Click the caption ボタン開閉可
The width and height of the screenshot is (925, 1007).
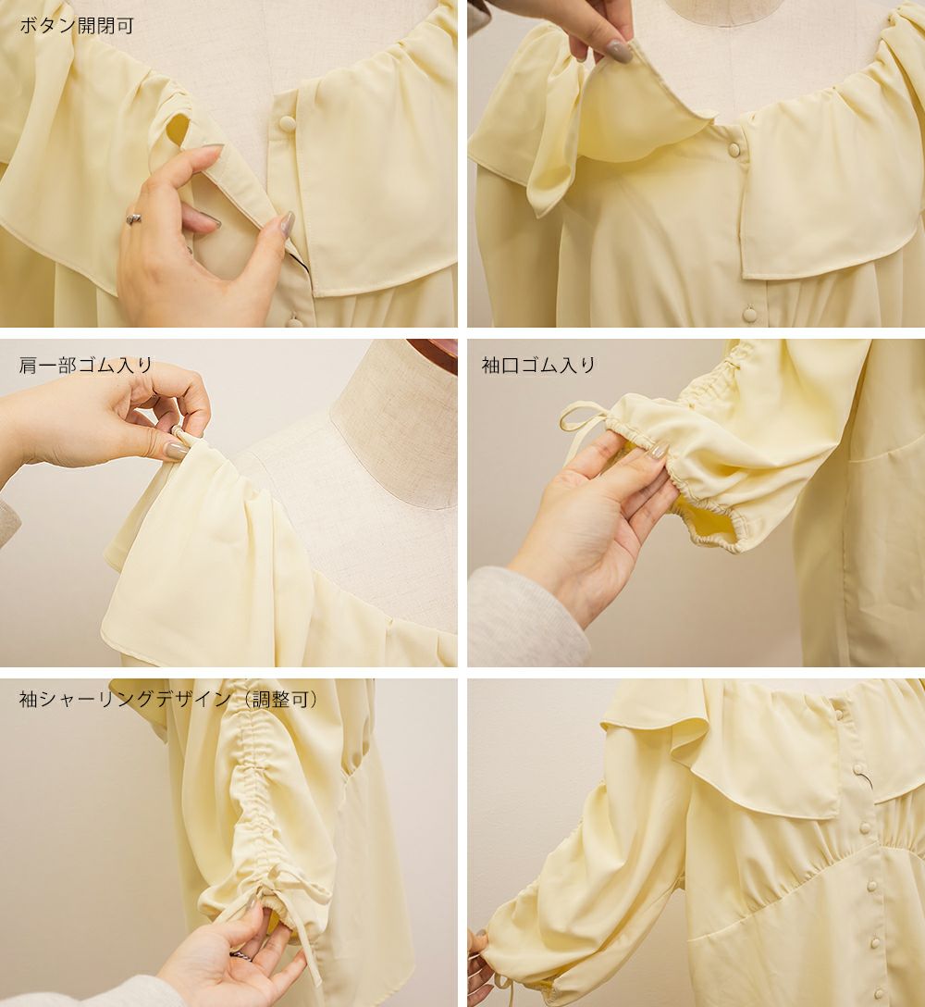click(77, 26)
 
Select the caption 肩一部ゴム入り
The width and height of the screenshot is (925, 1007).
click(86, 366)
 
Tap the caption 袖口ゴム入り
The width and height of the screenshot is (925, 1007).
click(538, 366)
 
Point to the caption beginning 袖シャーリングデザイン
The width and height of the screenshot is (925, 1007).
click(169, 699)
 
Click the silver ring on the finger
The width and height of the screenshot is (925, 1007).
click(133, 218)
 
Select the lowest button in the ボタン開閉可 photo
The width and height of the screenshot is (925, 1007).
click(296, 317)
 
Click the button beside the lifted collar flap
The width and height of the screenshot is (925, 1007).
click(733, 149)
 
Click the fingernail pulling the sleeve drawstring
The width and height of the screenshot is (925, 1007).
click(252, 905)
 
